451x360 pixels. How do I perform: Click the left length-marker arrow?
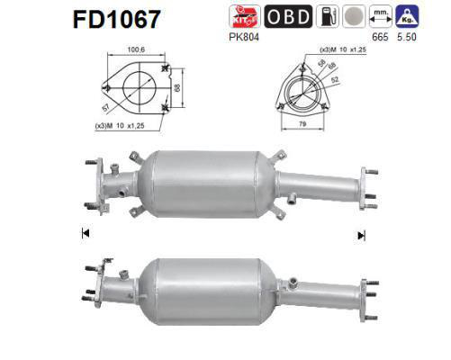coord(85,235)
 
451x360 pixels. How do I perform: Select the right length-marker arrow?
coord(361,235)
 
